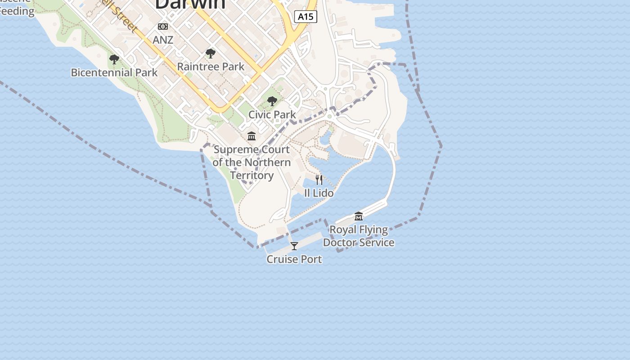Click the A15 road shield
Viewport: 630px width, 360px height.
(306, 17)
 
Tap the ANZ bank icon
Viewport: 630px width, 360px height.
(163, 27)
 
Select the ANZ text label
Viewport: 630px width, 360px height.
(163, 40)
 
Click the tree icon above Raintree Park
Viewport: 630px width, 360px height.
(210, 54)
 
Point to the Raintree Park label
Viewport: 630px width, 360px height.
(211, 67)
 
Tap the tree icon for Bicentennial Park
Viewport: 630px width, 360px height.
(114, 59)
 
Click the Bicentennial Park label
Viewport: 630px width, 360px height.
(114, 72)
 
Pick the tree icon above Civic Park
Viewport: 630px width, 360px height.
(272, 101)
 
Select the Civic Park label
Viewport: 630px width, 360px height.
(272, 114)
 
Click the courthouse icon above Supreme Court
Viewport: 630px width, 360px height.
(252, 136)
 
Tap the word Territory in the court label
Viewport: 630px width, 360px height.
(252, 175)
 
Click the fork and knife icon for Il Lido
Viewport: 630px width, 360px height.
(319, 180)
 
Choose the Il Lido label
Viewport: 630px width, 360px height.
(319, 193)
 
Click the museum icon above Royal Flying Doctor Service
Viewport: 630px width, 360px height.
(359, 216)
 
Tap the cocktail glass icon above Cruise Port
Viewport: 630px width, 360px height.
(294, 246)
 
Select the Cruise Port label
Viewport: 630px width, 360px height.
(294, 259)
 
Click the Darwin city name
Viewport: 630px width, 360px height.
(190, 4)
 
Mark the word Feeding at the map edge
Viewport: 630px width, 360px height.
(17, 11)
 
